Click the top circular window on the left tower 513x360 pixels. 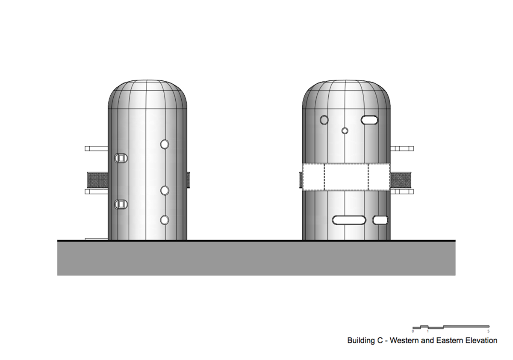[165, 145]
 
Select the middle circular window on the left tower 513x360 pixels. [165, 191]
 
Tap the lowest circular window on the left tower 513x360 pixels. [165, 220]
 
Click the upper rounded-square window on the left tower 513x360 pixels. [121, 158]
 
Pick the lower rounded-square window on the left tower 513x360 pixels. [121, 204]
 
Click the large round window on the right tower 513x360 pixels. [324, 120]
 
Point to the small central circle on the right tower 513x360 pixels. [345, 131]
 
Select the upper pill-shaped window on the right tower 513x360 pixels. [369, 120]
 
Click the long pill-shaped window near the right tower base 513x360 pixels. [349, 220]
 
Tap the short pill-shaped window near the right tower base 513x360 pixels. [380, 220]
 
